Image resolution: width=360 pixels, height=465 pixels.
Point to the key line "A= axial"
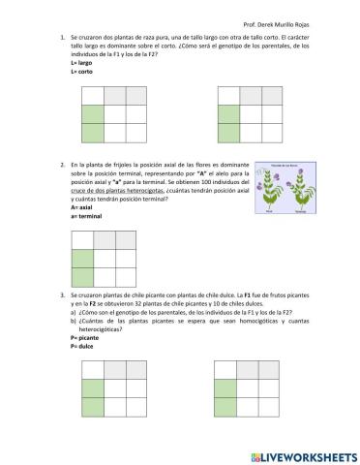(83, 206)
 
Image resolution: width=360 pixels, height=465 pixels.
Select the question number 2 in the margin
(61, 167)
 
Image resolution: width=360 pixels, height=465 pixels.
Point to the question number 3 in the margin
(61, 294)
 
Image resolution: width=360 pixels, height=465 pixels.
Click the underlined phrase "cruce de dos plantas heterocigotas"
(119, 191)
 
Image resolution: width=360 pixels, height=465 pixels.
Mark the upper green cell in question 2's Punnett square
(82, 259)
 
